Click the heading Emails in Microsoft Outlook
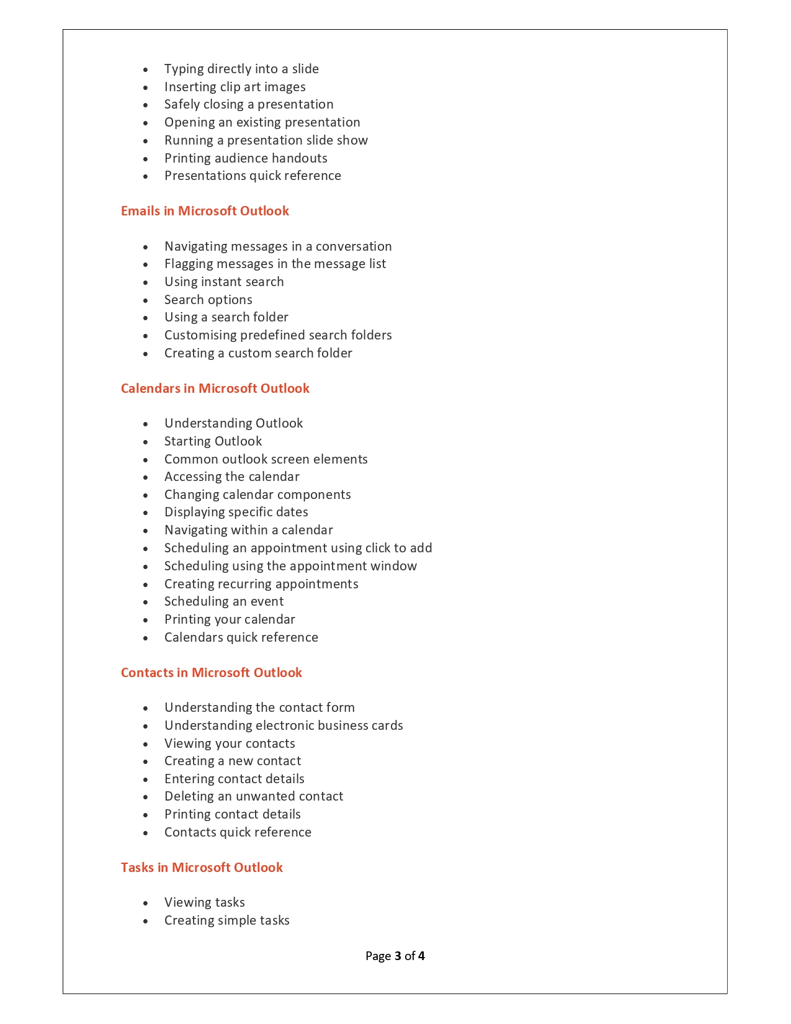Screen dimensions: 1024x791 pos(205,211)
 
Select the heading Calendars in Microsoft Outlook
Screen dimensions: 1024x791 pos(215,388)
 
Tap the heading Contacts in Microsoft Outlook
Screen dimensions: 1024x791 pos(211,673)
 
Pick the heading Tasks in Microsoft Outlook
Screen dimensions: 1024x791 pos(202,868)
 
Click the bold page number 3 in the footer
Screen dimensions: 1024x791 pos(398,956)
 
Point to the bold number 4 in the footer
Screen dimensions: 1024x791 pos(421,956)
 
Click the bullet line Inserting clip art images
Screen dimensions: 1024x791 pos(235,87)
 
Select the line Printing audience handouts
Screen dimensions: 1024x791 pos(246,158)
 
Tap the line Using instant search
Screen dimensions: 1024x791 pos(224,282)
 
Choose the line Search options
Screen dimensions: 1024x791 pos(208,300)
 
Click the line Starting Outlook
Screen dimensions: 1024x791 pos(213,441)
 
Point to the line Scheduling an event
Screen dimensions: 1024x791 pos(224,601)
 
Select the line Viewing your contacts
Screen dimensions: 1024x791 pos(230,743)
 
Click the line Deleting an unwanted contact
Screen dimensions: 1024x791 pos(254,796)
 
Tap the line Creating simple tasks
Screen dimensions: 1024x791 pos(226,920)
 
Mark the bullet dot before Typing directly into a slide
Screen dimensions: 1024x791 pos(146,70)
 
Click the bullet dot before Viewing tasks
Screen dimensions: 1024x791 pos(146,904)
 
